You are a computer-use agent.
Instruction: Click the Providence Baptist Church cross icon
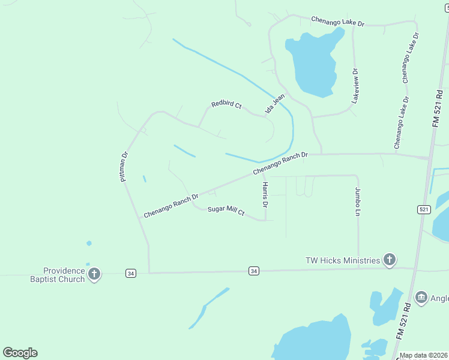point(94,275)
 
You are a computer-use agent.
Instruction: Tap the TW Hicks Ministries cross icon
point(389,260)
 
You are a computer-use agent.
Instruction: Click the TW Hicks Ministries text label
point(342,260)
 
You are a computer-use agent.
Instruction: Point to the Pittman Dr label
point(124,166)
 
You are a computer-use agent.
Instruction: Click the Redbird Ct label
point(226,105)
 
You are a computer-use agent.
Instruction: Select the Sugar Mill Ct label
point(226,211)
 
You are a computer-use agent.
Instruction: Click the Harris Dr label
point(265,195)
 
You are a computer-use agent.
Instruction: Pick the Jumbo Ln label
point(358,202)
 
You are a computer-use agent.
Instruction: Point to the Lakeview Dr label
point(355,86)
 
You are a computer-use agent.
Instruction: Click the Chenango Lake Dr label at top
point(337,22)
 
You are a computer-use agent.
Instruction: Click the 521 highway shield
point(424,209)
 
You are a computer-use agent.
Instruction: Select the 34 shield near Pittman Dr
point(130,273)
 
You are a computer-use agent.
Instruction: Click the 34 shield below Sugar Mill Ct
point(254,271)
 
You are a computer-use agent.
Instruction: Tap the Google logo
point(20,353)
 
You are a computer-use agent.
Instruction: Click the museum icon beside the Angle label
point(421,297)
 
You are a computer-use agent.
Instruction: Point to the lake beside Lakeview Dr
point(312,63)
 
